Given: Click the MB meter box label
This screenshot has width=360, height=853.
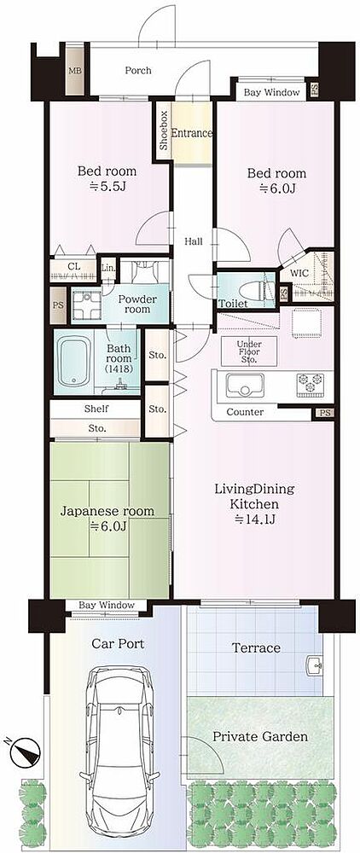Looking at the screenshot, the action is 73,71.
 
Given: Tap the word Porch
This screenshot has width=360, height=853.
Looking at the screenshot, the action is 138,70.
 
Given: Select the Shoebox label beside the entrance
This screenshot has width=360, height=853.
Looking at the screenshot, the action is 164,131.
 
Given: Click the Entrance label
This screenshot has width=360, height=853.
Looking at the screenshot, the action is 191,133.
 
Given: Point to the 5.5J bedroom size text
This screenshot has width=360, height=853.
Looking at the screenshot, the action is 107,187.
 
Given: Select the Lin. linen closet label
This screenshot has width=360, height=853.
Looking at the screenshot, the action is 108,268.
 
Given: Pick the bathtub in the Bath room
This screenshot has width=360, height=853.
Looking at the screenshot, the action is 73,361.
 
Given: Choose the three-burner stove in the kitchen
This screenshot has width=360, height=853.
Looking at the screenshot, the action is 307,383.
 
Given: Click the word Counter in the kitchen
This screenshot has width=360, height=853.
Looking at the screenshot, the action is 245,412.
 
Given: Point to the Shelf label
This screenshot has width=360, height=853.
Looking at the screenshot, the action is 96,409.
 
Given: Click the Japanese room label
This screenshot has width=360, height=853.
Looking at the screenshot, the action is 107,511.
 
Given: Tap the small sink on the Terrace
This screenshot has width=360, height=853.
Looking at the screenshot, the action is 314,666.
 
